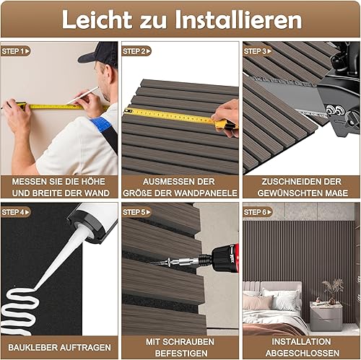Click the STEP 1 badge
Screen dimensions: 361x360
16,51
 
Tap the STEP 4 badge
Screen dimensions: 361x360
16,212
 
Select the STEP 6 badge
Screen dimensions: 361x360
258,212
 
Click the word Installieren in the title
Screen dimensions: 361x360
238,19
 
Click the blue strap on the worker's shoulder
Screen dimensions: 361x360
102,126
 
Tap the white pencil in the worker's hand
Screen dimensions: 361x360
82,96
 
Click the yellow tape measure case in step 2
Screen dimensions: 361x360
225,125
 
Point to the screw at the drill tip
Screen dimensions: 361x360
161,262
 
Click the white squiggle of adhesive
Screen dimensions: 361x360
19,311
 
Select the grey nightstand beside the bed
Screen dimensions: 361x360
326,316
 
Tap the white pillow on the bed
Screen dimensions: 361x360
287,299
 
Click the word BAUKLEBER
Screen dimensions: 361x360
32,347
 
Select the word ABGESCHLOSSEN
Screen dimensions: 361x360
303,353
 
